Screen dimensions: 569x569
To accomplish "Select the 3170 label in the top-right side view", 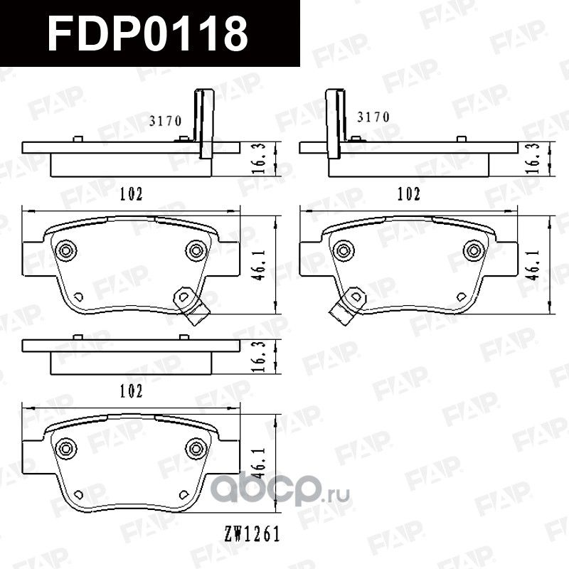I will click(x=373, y=117).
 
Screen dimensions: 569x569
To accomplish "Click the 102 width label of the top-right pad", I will click(x=408, y=193).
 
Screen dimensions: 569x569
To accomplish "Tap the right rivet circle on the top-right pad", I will click(x=472, y=250).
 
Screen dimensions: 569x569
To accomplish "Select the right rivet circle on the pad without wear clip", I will click(x=195, y=447).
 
